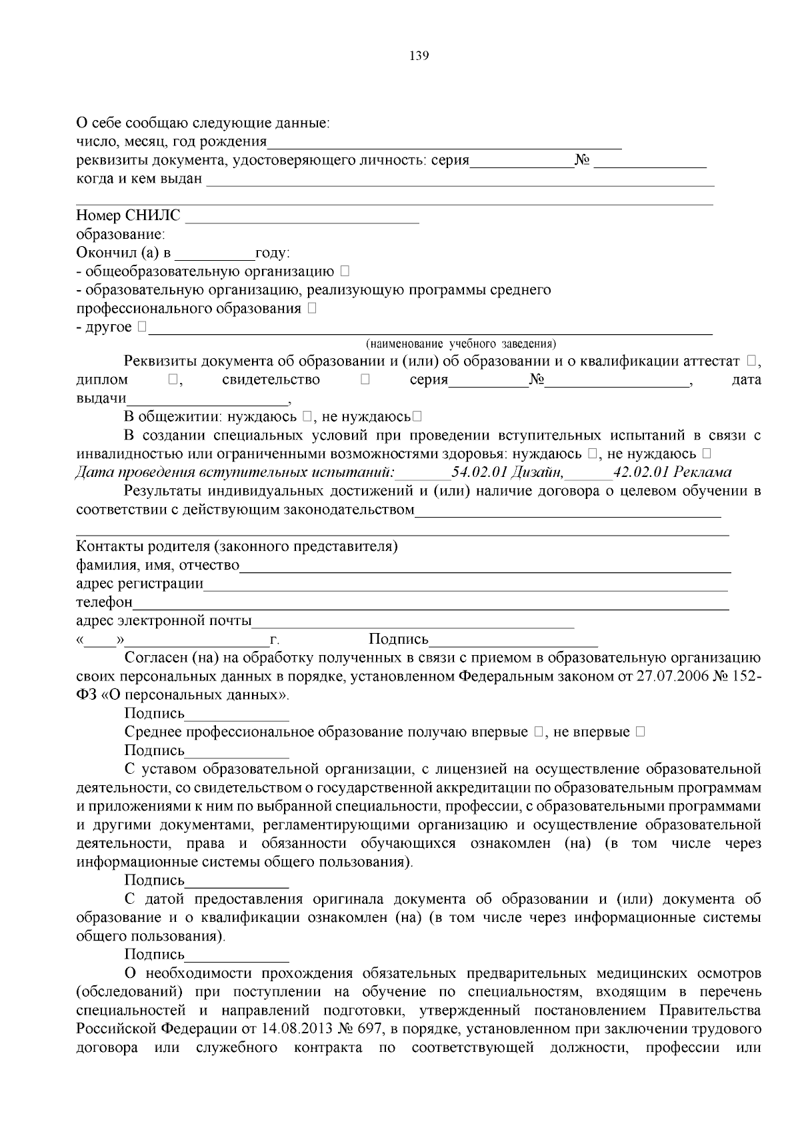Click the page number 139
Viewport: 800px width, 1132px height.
coord(418,55)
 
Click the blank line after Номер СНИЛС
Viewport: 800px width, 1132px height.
coord(302,217)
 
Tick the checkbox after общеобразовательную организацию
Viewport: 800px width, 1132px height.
coord(344,271)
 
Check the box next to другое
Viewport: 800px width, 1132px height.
coord(142,327)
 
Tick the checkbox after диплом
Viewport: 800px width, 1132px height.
coord(173,380)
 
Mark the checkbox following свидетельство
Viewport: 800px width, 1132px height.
coord(365,380)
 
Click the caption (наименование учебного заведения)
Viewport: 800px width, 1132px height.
coord(460,344)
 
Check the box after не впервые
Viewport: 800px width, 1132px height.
coord(640,732)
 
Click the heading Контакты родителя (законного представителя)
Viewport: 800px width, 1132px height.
coord(237,547)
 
